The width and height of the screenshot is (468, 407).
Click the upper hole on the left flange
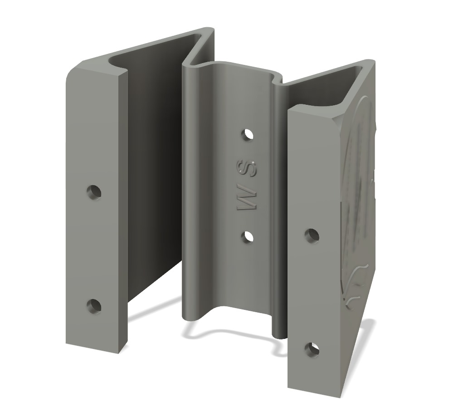pyautogui.click(x=94, y=192)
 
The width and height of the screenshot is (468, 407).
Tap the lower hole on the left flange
pyautogui.click(x=94, y=306)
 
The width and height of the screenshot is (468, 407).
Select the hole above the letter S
pyautogui.click(x=247, y=135)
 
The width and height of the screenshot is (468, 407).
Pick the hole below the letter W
pyautogui.click(x=247, y=236)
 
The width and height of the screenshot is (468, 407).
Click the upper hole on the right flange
pyautogui.click(x=312, y=235)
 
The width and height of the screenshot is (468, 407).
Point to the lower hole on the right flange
pyautogui.click(x=312, y=349)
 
